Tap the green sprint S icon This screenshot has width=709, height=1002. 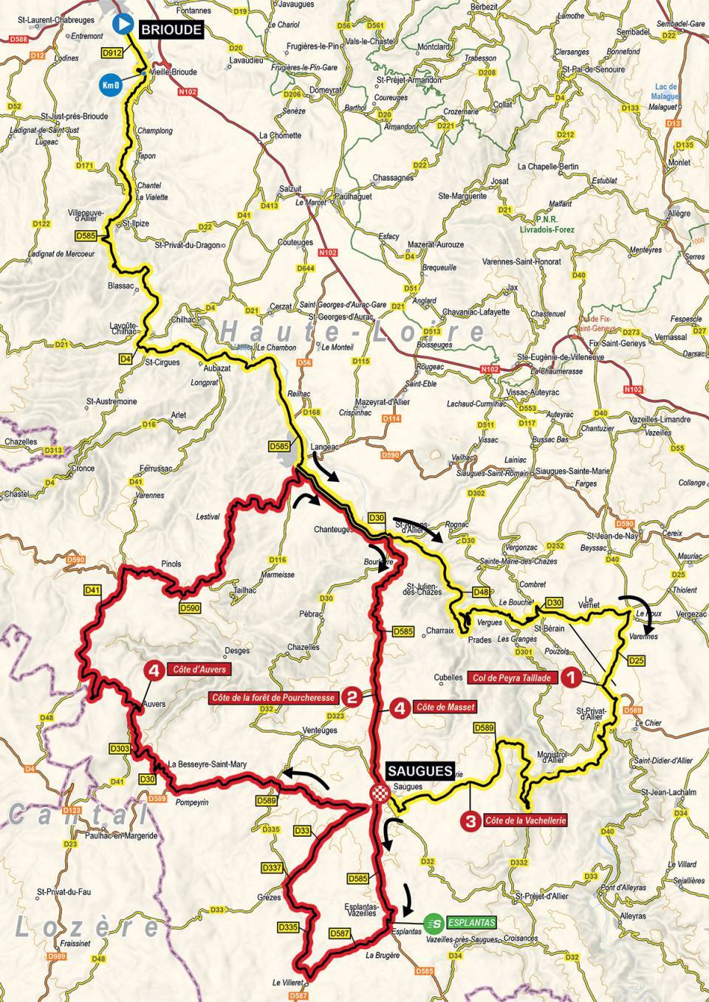pos(435,922)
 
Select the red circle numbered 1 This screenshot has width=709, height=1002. pos(570,676)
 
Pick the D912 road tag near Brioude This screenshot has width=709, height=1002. pos(112,54)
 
